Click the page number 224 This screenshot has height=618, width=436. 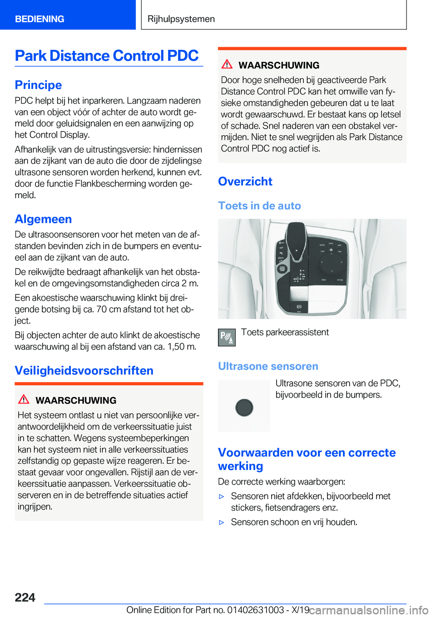[x=25, y=597]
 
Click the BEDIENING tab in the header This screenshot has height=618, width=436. [x=40, y=19]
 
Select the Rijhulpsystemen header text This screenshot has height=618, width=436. [x=181, y=19]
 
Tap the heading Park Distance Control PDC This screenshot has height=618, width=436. [x=107, y=56]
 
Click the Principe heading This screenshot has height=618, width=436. [x=38, y=85]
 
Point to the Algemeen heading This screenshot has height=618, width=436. [x=43, y=219]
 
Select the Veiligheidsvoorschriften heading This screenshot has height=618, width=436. [x=84, y=371]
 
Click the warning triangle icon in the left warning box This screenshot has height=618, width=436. [x=24, y=399]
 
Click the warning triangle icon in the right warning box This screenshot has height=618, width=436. [x=227, y=64]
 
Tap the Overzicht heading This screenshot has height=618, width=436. [x=245, y=181]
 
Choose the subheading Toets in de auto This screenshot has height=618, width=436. [x=259, y=206]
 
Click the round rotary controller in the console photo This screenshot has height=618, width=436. [x=331, y=262]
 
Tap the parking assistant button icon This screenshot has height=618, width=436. [x=227, y=338]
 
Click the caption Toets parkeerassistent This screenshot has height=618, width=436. [x=285, y=332]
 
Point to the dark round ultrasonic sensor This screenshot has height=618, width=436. [x=244, y=407]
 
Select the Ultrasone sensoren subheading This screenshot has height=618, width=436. [x=268, y=366]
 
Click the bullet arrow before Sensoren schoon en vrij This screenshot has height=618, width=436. [x=222, y=522]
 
